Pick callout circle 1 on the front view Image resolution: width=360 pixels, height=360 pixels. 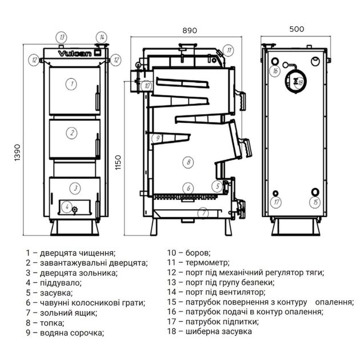point(71,83)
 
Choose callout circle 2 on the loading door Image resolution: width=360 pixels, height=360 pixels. point(71,133)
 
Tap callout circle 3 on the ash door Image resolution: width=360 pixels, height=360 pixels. point(75,187)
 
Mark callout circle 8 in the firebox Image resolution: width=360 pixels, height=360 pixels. point(187,162)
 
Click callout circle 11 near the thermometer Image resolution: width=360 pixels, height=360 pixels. point(229,50)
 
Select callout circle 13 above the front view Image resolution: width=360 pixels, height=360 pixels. point(62,37)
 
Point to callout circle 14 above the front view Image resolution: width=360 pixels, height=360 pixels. point(101,37)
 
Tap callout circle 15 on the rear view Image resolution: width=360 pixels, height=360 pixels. point(316,202)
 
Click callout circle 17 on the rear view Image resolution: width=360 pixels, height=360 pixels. point(277,202)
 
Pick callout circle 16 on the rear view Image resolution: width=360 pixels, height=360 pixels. point(275,71)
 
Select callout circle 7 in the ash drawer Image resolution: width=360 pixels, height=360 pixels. point(203,213)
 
